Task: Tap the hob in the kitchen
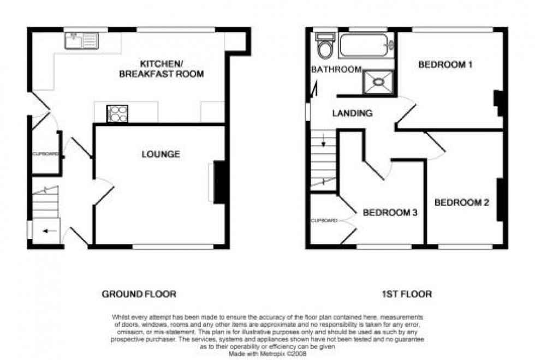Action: coord(118,113)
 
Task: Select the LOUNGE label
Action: coord(160,154)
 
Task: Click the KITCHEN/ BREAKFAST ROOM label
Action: coord(162,69)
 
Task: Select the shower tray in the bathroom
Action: coord(378,81)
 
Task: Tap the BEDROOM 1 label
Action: coord(445,65)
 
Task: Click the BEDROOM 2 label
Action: coord(461,202)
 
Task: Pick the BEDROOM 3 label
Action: coord(390,212)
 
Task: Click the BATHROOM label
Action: coord(336,70)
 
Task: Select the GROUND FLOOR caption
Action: coord(139,294)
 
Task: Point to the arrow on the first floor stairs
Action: coord(323,143)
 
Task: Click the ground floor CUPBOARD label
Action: coord(45,154)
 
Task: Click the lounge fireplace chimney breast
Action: coord(220,182)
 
